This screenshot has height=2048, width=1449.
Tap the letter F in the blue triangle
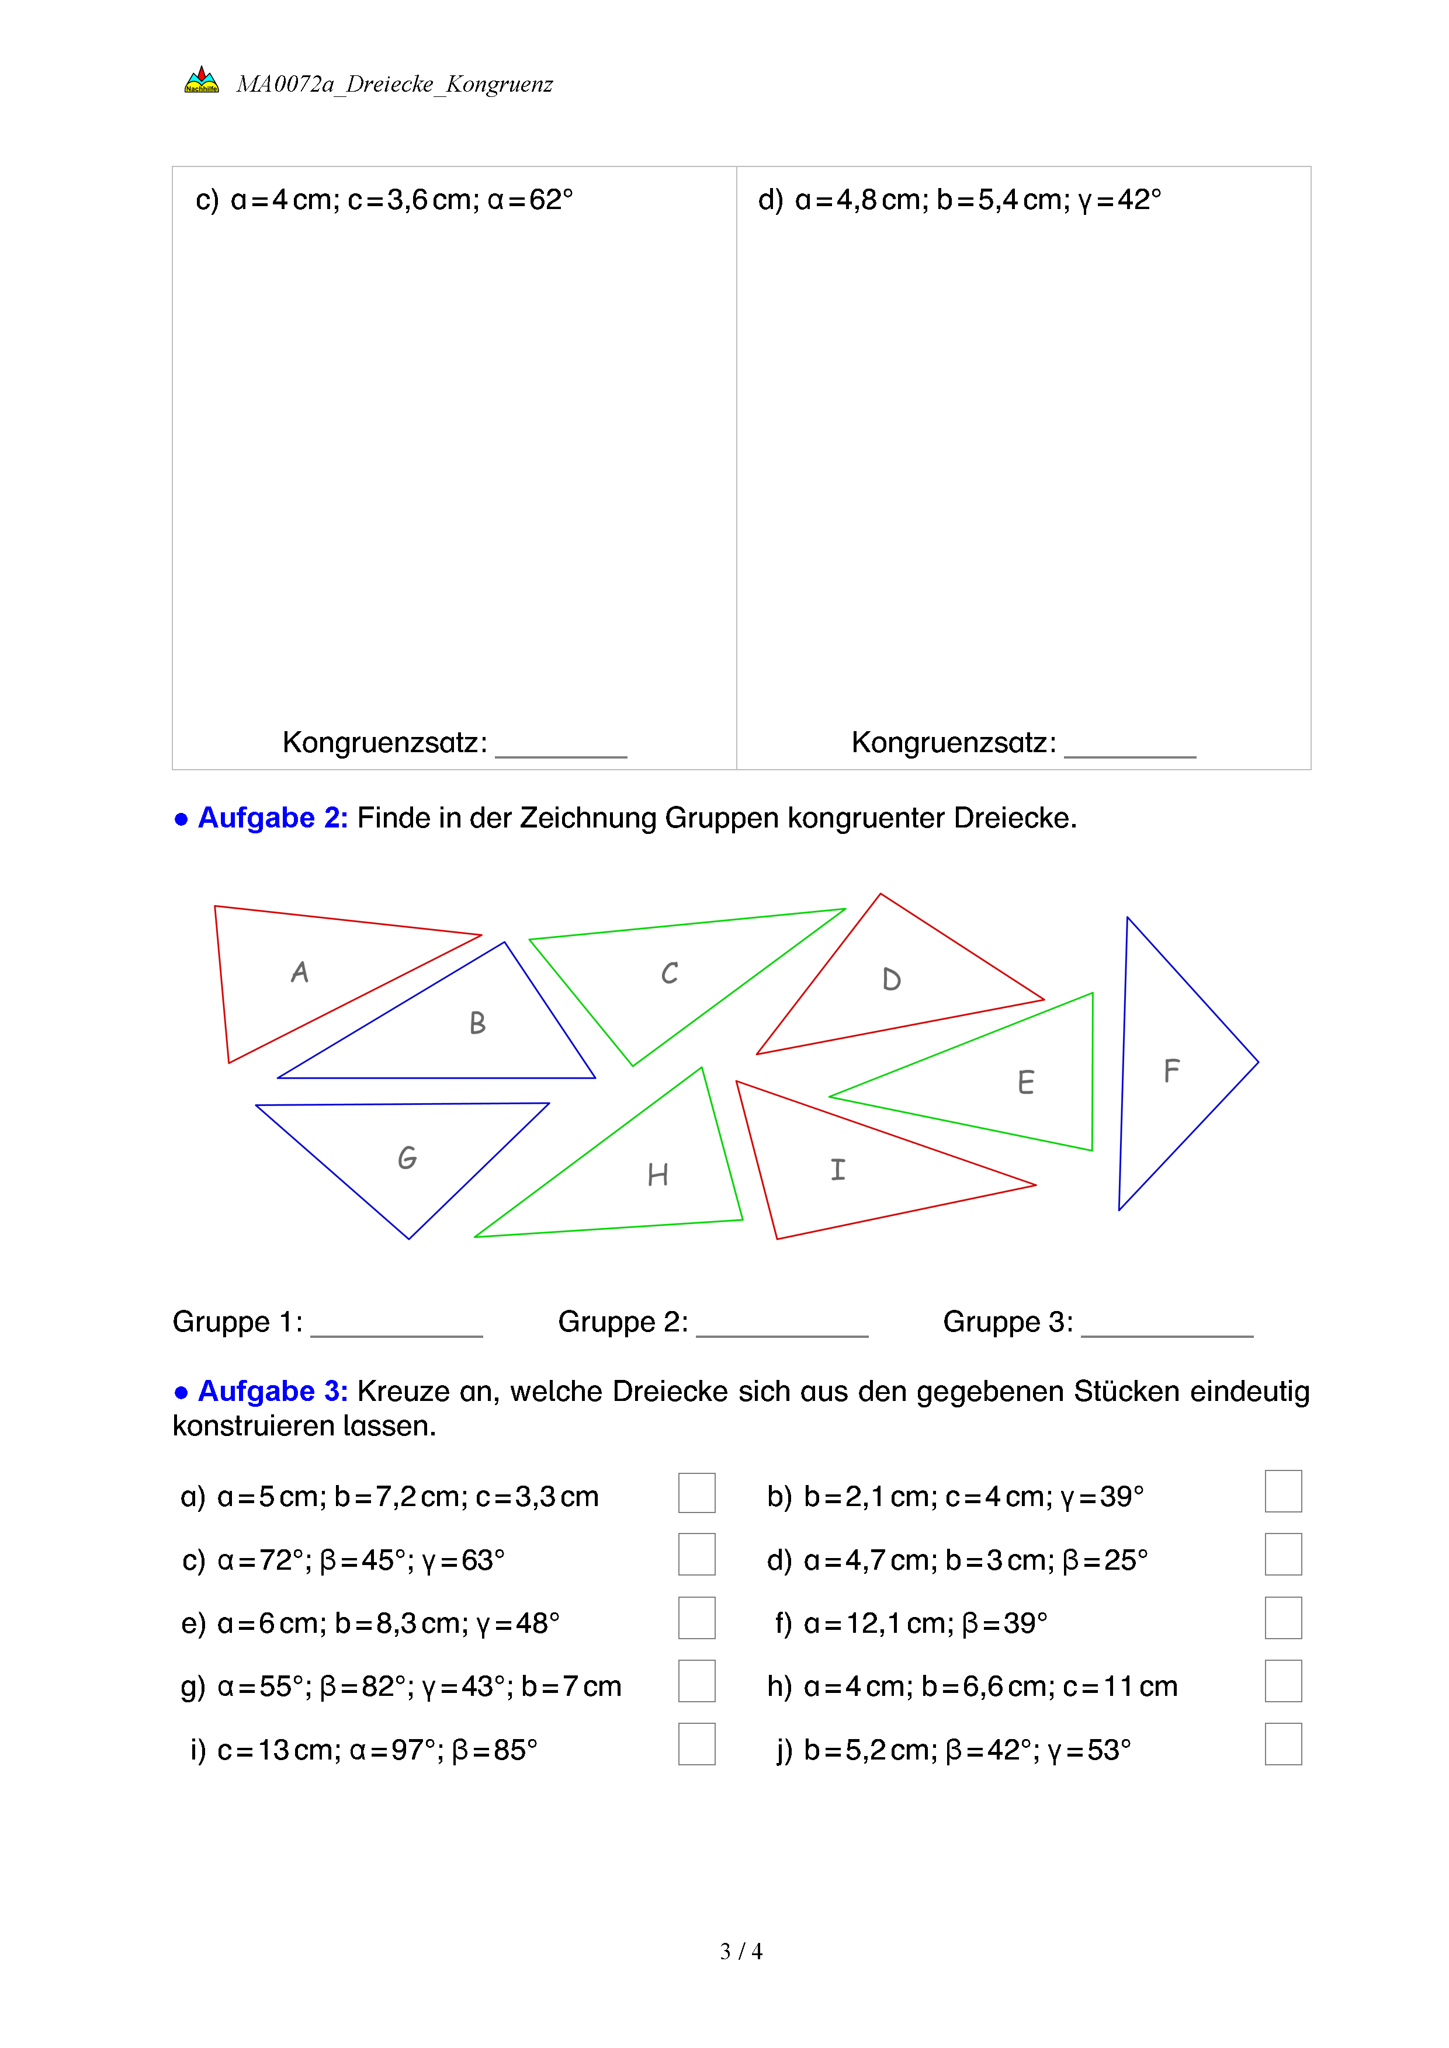click(1171, 1070)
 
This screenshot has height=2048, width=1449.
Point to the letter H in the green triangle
click(657, 1175)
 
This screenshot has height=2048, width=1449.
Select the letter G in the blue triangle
click(407, 1158)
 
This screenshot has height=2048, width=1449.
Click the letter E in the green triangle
click(1026, 1082)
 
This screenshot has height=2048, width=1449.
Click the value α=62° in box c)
click(530, 200)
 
